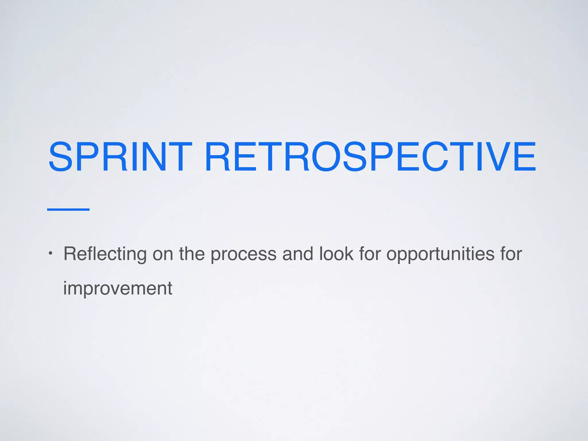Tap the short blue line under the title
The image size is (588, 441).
point(68,210)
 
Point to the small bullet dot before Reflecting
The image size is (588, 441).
point(50,254)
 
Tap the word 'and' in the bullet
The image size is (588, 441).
point(297,254)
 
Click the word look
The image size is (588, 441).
point(336,254)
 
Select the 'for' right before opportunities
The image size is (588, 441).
point(370,254)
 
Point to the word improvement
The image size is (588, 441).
point(118,288)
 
